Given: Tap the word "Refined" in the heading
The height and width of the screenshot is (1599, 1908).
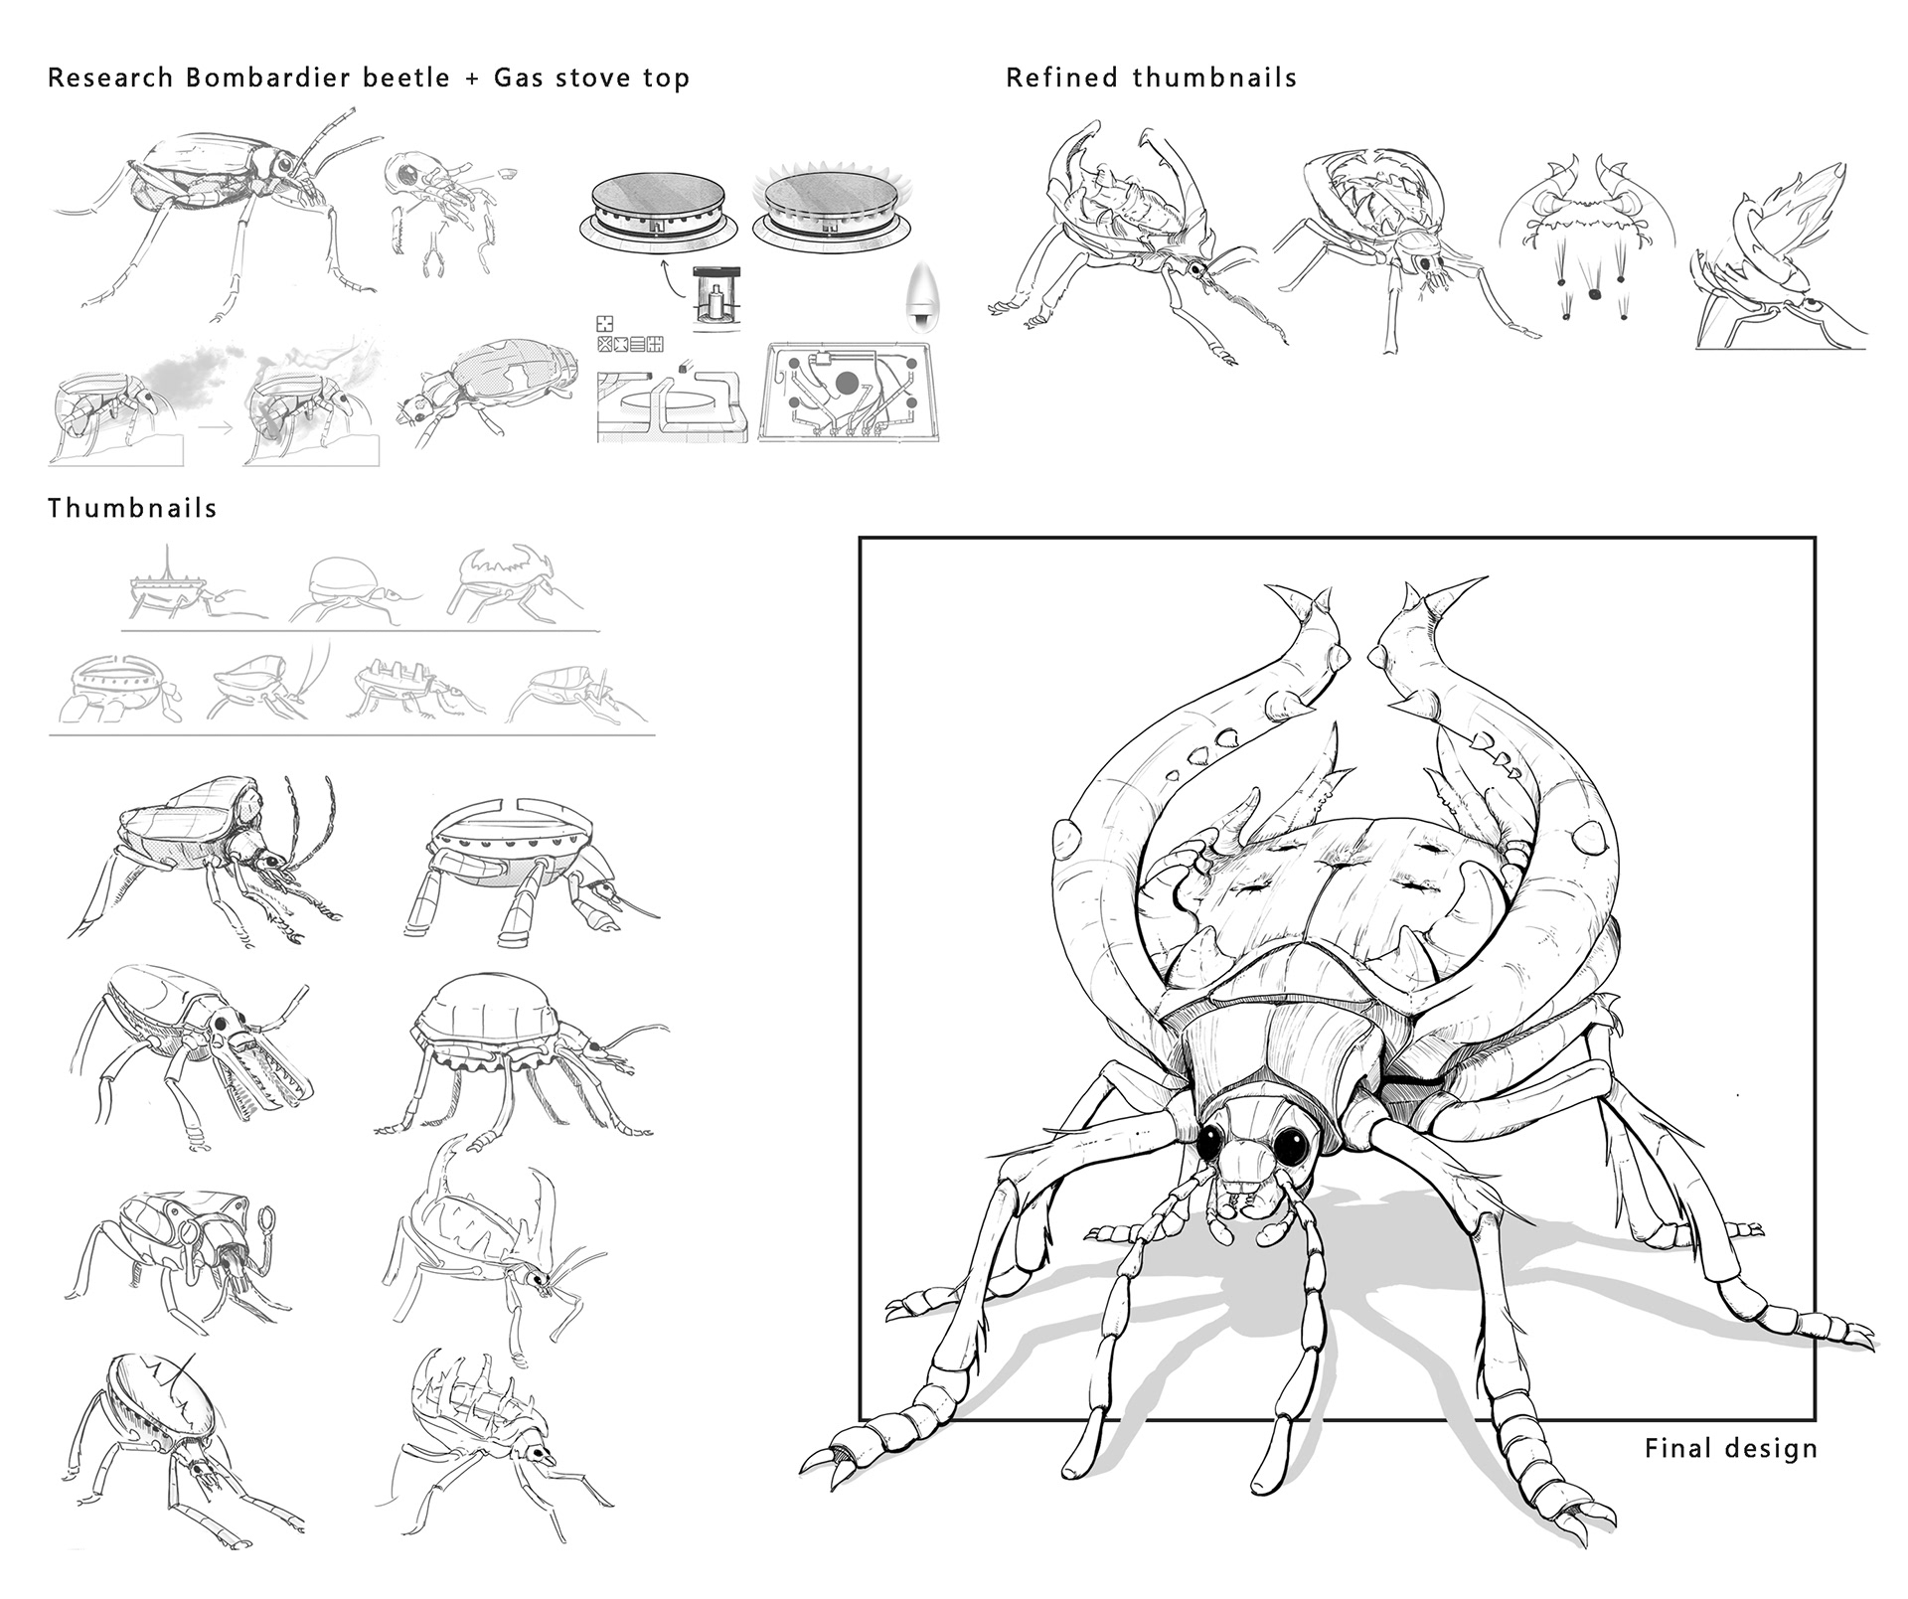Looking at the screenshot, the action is click(x=1062, y=78).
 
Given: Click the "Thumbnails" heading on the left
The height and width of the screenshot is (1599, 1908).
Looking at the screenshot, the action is click(x=132, y=508).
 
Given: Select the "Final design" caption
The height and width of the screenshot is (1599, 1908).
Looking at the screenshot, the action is click(x=1731, y=1448).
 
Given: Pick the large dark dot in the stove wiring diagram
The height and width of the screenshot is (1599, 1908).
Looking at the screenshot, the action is click(x=848, y=382).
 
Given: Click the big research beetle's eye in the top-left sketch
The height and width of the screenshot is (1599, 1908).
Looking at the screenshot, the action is click(x=285, y=162).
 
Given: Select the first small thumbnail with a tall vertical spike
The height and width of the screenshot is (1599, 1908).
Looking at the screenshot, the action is click(x=169, y=586).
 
